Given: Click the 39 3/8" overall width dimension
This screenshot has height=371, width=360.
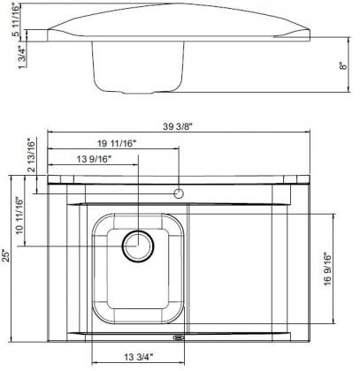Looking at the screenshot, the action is pyautogui.click(x=178, y=126).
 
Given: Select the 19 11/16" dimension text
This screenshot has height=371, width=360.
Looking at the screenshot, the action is pyautogui.click(x=117, y=143).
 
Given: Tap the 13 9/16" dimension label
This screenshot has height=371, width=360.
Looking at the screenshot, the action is pyautogui.click(x=94, y=159).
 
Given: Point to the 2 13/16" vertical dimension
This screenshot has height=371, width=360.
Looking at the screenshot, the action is pyautogui.click(x=31, y=155).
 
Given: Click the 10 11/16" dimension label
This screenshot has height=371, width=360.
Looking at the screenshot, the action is pyautogui.click(x=19, y=216).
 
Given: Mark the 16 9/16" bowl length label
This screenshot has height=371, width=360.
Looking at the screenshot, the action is pyautogui.click(x=327, y=269).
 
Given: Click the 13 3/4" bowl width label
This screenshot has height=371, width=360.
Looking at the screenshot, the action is pyautogui.click(x=139, y=357).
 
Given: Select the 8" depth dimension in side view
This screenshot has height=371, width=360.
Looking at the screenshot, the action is pyautogui.click(x=343, y=66).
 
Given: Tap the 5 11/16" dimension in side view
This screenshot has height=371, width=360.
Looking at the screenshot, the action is pyautogui.click(x=17, y=20).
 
